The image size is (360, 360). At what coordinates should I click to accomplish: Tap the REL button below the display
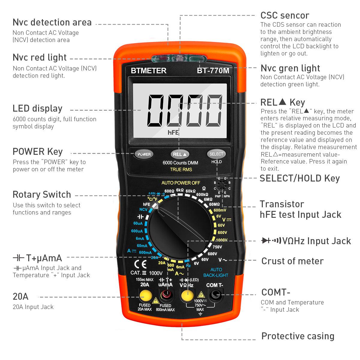180,154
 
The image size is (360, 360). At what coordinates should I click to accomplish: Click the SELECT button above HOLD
216,154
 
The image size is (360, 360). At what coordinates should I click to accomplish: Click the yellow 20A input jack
145,295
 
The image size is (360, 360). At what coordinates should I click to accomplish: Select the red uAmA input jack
165,295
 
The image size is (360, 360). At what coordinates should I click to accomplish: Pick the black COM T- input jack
215,295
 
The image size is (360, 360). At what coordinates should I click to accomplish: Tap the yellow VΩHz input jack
186,295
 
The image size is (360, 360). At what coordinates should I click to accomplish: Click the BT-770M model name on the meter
213,71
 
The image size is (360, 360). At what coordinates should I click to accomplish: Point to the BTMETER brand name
148,70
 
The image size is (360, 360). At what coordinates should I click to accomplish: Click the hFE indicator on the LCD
173,132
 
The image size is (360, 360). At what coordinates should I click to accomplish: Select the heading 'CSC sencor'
284,15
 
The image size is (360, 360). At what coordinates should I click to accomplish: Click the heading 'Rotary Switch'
42,194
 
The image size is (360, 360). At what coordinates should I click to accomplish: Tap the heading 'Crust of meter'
292,261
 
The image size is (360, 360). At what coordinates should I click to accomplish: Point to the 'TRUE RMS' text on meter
181,169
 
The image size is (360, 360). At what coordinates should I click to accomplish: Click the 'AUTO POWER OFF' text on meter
181,183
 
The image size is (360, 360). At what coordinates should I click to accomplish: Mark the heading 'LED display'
37,109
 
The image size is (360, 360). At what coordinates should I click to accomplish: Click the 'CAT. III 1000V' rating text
146,273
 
